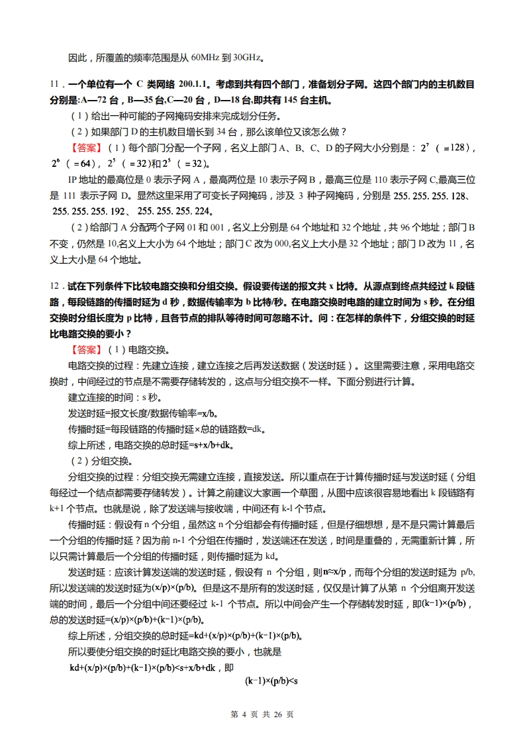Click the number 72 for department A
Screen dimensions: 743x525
coord(103,100)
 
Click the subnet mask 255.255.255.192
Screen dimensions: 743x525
coord(90,212)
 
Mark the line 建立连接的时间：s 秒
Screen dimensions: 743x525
coord(110,397)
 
